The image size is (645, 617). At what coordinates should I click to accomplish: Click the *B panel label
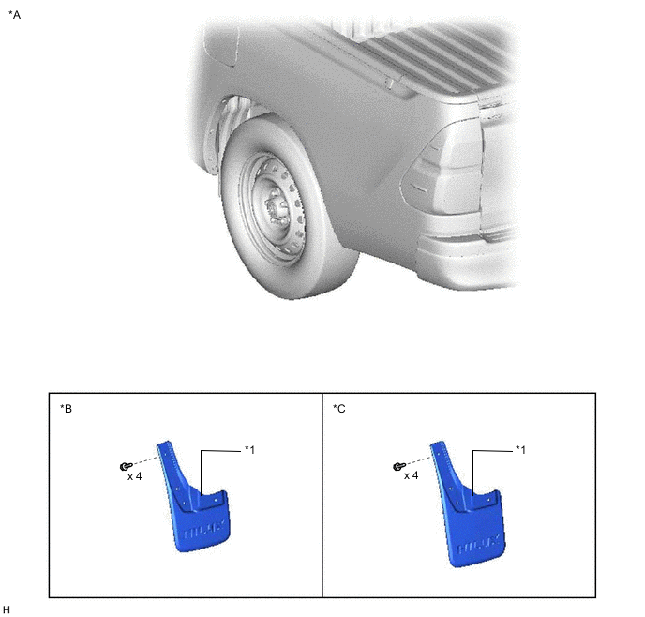[66, 408]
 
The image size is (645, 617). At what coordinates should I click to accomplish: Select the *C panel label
[339, 408]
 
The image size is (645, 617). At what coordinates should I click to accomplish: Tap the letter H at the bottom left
[7, 609]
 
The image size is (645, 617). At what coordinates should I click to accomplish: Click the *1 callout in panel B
[250, 450]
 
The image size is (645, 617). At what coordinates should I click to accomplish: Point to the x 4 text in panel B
[135, 476]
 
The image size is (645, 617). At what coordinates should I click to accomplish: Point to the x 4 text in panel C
[411, 476]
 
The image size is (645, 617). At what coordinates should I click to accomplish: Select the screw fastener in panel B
[124, 466]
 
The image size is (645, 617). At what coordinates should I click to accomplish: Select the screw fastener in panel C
[398, 466]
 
